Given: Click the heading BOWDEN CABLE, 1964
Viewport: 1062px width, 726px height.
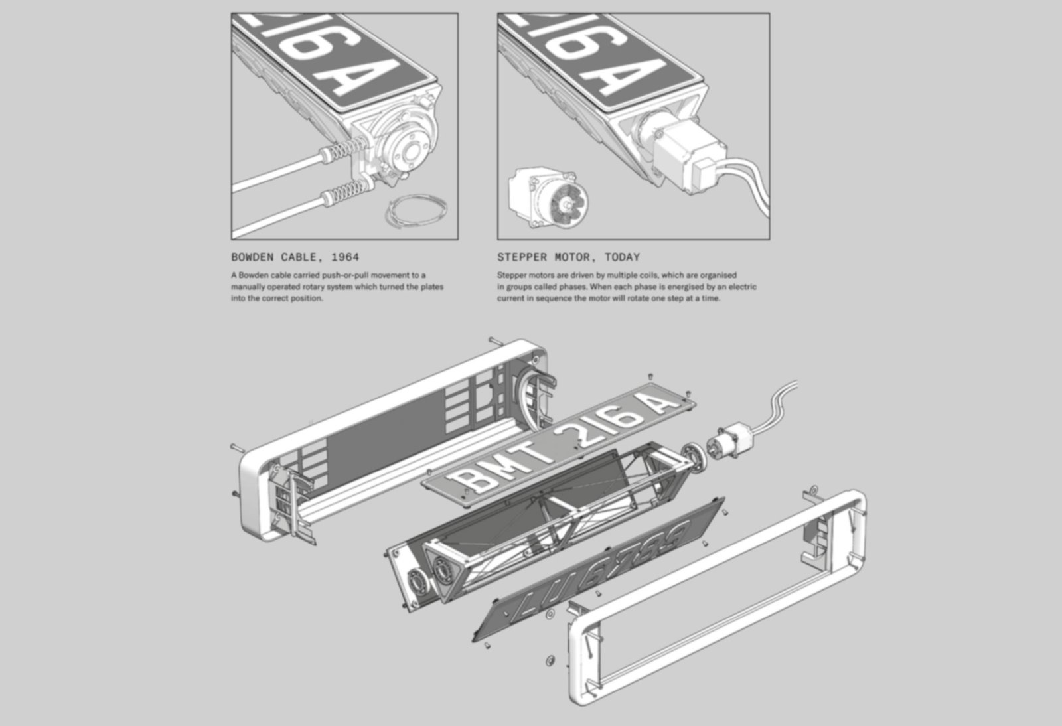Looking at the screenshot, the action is click(x=295, y=257).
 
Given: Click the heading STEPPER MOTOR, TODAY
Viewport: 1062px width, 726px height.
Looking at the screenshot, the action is click(x=568, y=257).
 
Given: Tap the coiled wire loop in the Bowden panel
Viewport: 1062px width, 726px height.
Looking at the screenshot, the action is click(x=416, y=211).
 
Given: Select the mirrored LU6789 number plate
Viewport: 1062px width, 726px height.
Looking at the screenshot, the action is click(x=599, y=569).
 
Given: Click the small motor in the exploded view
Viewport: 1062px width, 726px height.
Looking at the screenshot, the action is click(x=729, y=441).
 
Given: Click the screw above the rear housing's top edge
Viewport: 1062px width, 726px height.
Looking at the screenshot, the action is click(x=495, y=340).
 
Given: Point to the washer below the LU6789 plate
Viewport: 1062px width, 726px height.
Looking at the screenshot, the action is click(x=550, y=660).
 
